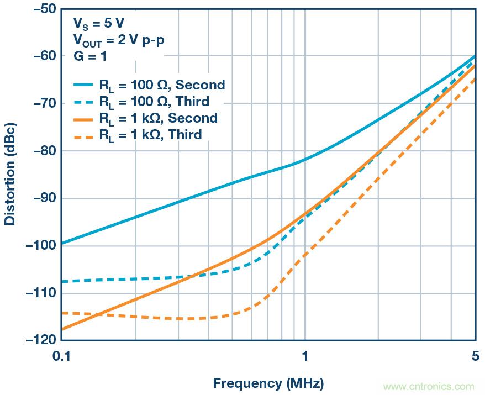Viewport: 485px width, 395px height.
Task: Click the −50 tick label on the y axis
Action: pos(43,9)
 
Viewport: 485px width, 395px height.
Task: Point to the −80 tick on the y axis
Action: pos(43,151)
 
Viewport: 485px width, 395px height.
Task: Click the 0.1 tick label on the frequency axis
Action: pos(61,357)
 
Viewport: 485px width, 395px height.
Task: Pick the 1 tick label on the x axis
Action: pos(305,357)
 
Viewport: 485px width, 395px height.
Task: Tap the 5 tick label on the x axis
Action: pos(475,357)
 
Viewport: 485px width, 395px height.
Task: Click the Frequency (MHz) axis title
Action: pos(268,383)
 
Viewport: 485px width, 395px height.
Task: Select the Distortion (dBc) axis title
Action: pos(10,176)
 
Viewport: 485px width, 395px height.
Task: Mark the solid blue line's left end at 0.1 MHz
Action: pos(61,243)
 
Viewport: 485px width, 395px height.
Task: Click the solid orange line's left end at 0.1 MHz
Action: pos(61,329)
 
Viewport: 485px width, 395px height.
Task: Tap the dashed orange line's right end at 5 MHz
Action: pos(475,78)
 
